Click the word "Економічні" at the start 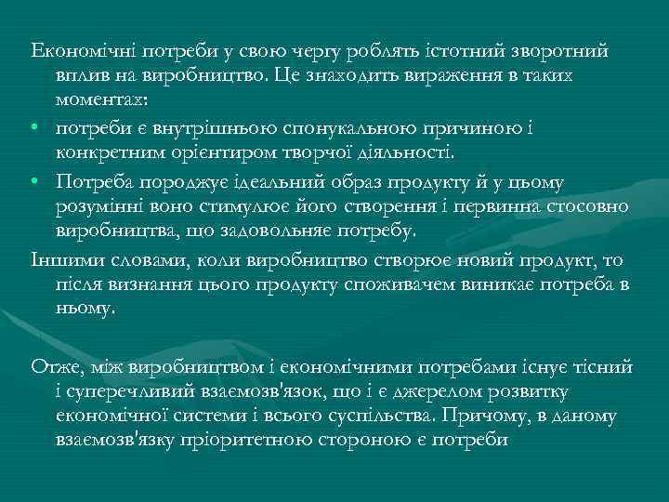[72, 49]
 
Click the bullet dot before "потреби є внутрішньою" [35, 125]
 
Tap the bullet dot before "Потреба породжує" [35, 178]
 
